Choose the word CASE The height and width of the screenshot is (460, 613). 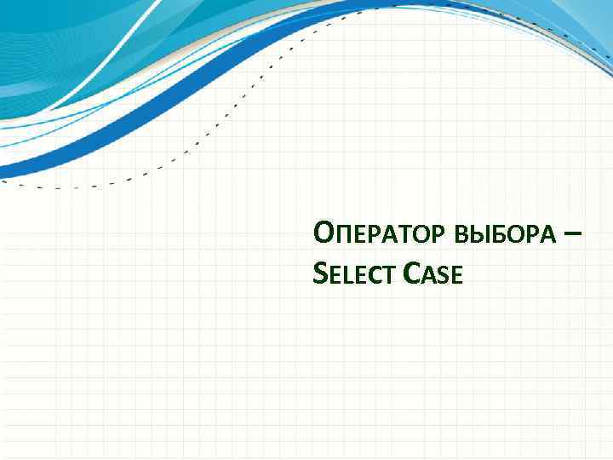click(x=433, y=274)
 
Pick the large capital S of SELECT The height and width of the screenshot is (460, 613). click(x=319, y=273)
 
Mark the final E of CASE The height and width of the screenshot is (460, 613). click(x=455, y=276)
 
